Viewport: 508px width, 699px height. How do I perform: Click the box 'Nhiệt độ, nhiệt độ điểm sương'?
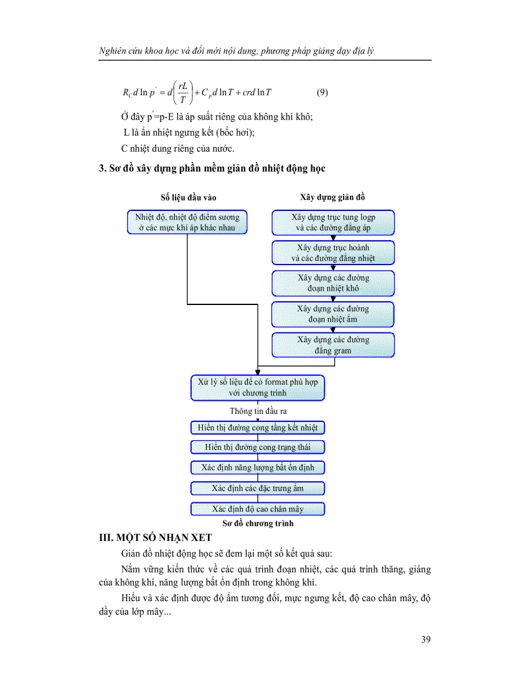187,222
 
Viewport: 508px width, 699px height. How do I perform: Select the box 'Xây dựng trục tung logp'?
333,222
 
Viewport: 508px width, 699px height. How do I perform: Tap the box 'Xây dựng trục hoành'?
333,253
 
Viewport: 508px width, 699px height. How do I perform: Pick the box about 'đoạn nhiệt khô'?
333,283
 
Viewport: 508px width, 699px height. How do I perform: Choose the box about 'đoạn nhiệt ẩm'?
333,314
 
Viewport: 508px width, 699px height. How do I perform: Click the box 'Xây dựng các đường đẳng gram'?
333,345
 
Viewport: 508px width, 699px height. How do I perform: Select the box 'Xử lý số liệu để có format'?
258,387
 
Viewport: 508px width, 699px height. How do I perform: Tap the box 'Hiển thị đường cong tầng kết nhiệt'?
258,428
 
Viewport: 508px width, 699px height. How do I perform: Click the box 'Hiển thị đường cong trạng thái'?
258,448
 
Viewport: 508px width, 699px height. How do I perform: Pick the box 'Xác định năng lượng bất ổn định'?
258,467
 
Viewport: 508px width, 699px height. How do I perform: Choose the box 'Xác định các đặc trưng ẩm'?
258,488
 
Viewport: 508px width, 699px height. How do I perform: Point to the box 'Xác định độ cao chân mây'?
258,509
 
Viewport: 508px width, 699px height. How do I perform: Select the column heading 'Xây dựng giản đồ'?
332,197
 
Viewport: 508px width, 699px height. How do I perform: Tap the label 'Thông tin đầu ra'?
258,411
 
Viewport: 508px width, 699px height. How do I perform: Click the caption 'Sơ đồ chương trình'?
258,523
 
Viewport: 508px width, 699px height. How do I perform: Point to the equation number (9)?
322,93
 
